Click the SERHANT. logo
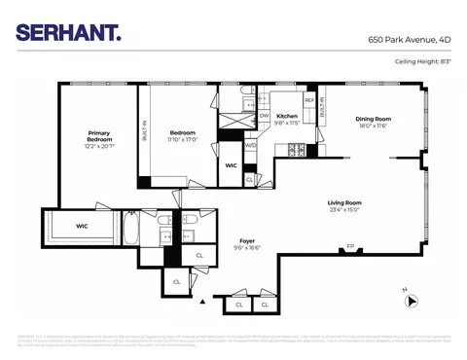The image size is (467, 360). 69,32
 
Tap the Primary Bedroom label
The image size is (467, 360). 99,136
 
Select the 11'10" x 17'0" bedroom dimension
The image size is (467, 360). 183,139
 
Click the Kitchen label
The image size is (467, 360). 286,116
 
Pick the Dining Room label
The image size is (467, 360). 374,120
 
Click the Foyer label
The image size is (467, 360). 246,240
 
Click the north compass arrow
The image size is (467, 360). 413,301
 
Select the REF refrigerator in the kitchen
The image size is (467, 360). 309,100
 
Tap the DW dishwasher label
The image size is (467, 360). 264,116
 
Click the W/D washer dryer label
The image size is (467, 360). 250,146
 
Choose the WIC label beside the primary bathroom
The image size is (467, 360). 83,227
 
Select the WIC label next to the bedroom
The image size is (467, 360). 231,165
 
